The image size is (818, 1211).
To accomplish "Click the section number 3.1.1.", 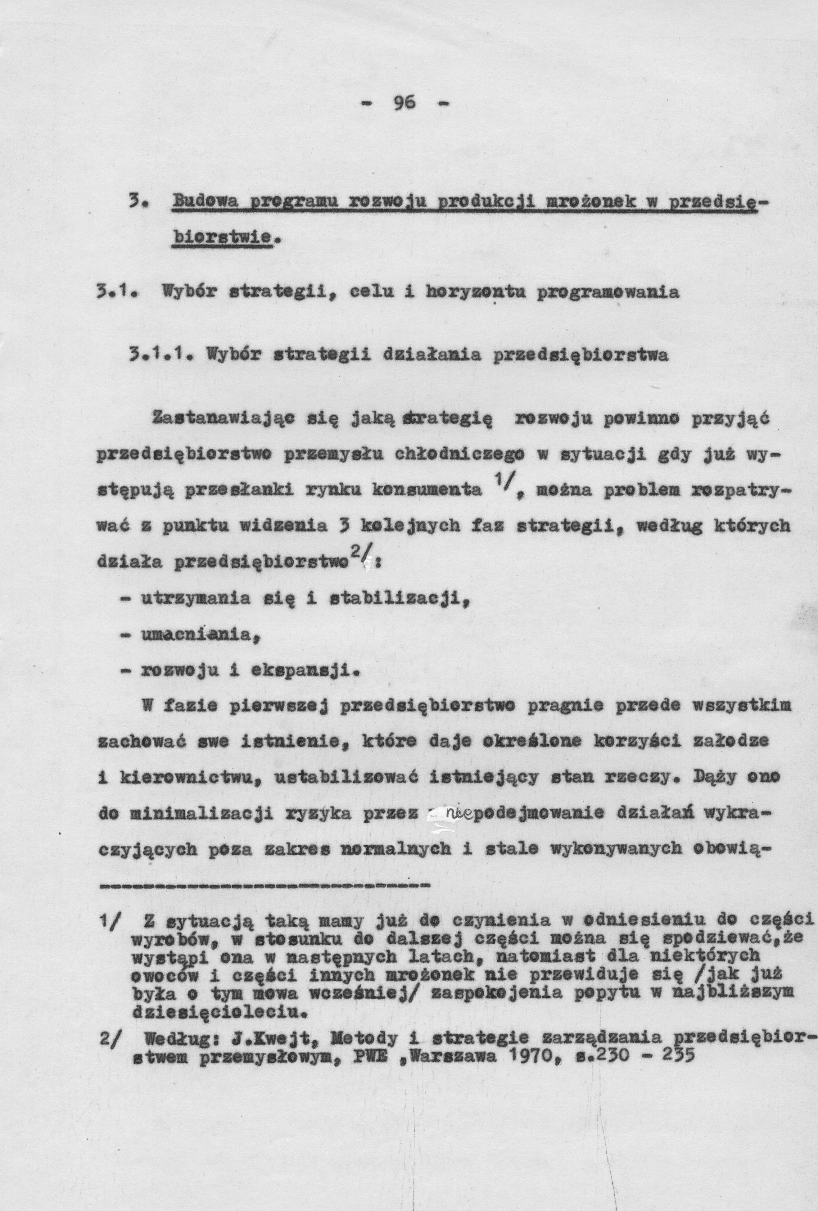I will click(x=149, y=357).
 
